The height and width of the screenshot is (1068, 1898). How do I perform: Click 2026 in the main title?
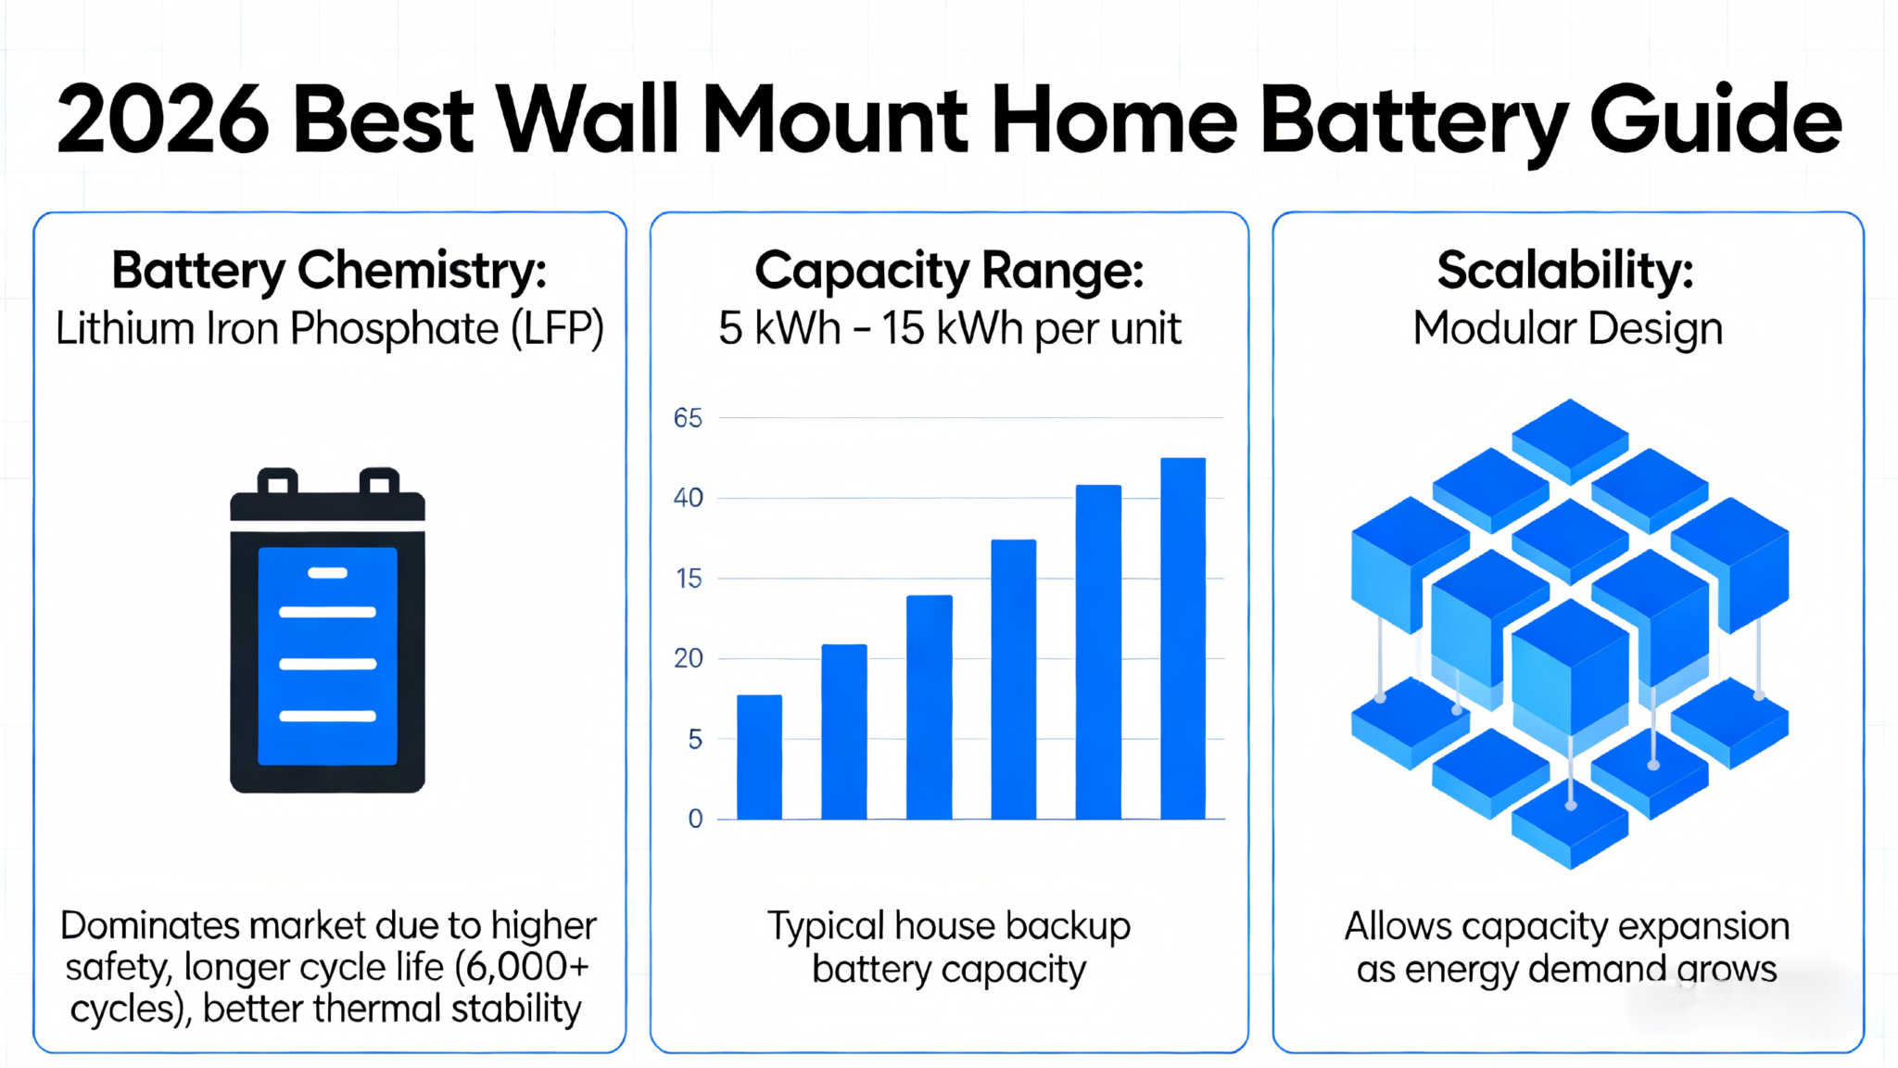pyautogui.click(x=163, y=121)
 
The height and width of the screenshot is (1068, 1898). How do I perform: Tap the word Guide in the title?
pyautogui.click(x=1715, y=121)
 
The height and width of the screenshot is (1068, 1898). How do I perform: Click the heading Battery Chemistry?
pyautogui.click(x=329, y=271)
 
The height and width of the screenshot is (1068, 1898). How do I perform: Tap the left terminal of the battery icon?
pyautogui.click(x=277, y=482)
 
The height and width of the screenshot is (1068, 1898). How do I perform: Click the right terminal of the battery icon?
pyautogui.click(x=379, y=482)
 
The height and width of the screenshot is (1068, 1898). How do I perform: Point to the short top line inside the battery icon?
pyautogui.click(x=327, y=573)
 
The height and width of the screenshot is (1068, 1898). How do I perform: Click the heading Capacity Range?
pyautogui.click(x=949, y=271)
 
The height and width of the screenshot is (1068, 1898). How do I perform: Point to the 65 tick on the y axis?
pyautogui.click(x=688, y=418)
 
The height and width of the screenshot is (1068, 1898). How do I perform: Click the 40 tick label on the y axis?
pyautogui.click(x=688, y=499)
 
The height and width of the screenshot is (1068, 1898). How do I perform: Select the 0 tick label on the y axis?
pyautogui.click(x=695, y=819)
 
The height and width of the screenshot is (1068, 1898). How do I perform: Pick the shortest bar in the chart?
pyautogui.click(x=759, y=756)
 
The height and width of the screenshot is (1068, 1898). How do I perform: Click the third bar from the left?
pyautogui.click(x=929, y=706)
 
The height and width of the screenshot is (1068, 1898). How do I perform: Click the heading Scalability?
pyautogui.click(x=1565, y=271)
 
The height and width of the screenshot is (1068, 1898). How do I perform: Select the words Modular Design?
pyautogui.click(x=1567, y=329)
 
